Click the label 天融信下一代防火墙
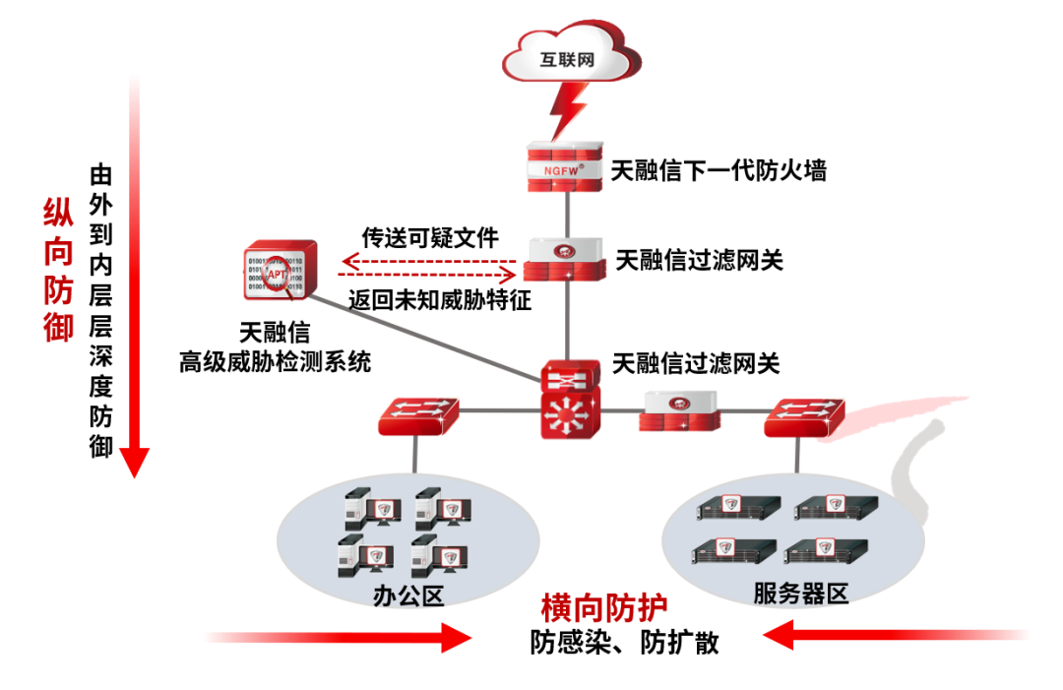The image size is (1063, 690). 719,170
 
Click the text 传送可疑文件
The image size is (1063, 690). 430,236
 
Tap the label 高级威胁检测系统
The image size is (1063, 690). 275,361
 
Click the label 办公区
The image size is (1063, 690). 409,595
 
